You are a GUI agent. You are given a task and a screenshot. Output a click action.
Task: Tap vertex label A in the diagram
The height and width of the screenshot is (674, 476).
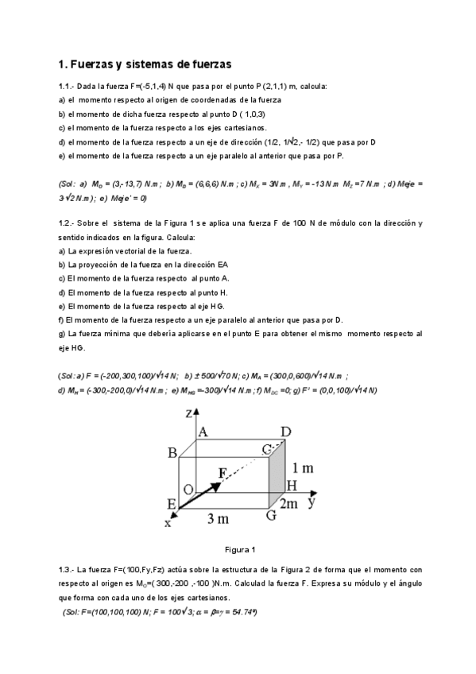[202, 432]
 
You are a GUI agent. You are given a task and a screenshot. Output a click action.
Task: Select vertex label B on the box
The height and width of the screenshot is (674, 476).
[172, 453]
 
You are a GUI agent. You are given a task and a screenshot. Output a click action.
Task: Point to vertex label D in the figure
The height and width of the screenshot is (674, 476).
[285, 432]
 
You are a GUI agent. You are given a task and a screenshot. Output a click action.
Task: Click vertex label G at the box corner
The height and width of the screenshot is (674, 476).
[271, 514]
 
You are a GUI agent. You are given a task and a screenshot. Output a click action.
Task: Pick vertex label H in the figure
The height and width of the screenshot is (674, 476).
[292, 486]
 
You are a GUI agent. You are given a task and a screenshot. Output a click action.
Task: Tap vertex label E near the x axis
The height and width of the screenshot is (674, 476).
[172, 504]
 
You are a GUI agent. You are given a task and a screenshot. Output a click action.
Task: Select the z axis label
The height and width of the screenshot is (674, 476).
[188, 413]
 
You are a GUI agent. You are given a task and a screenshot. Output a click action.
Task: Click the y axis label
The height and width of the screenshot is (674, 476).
[313, 502]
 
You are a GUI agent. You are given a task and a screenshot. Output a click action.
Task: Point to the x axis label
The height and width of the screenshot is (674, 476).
[168, 522]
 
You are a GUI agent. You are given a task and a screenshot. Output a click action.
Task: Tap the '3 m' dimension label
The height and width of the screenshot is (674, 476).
[219, 519]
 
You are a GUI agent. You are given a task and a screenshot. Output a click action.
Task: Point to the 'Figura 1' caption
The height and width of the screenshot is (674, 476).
[239, 549]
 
